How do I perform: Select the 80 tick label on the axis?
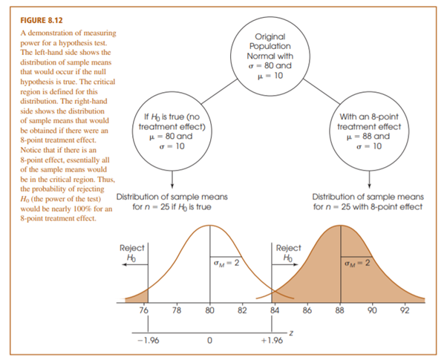(210, 310)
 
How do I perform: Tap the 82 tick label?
(242, 310)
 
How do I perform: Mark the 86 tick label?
(307, 310)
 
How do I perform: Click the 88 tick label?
(340, 310)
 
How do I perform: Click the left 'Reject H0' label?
(132, 252)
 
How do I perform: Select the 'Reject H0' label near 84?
(288, 252)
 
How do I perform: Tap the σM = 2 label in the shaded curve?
(356, 263)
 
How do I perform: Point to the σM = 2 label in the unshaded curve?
(225, 263)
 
